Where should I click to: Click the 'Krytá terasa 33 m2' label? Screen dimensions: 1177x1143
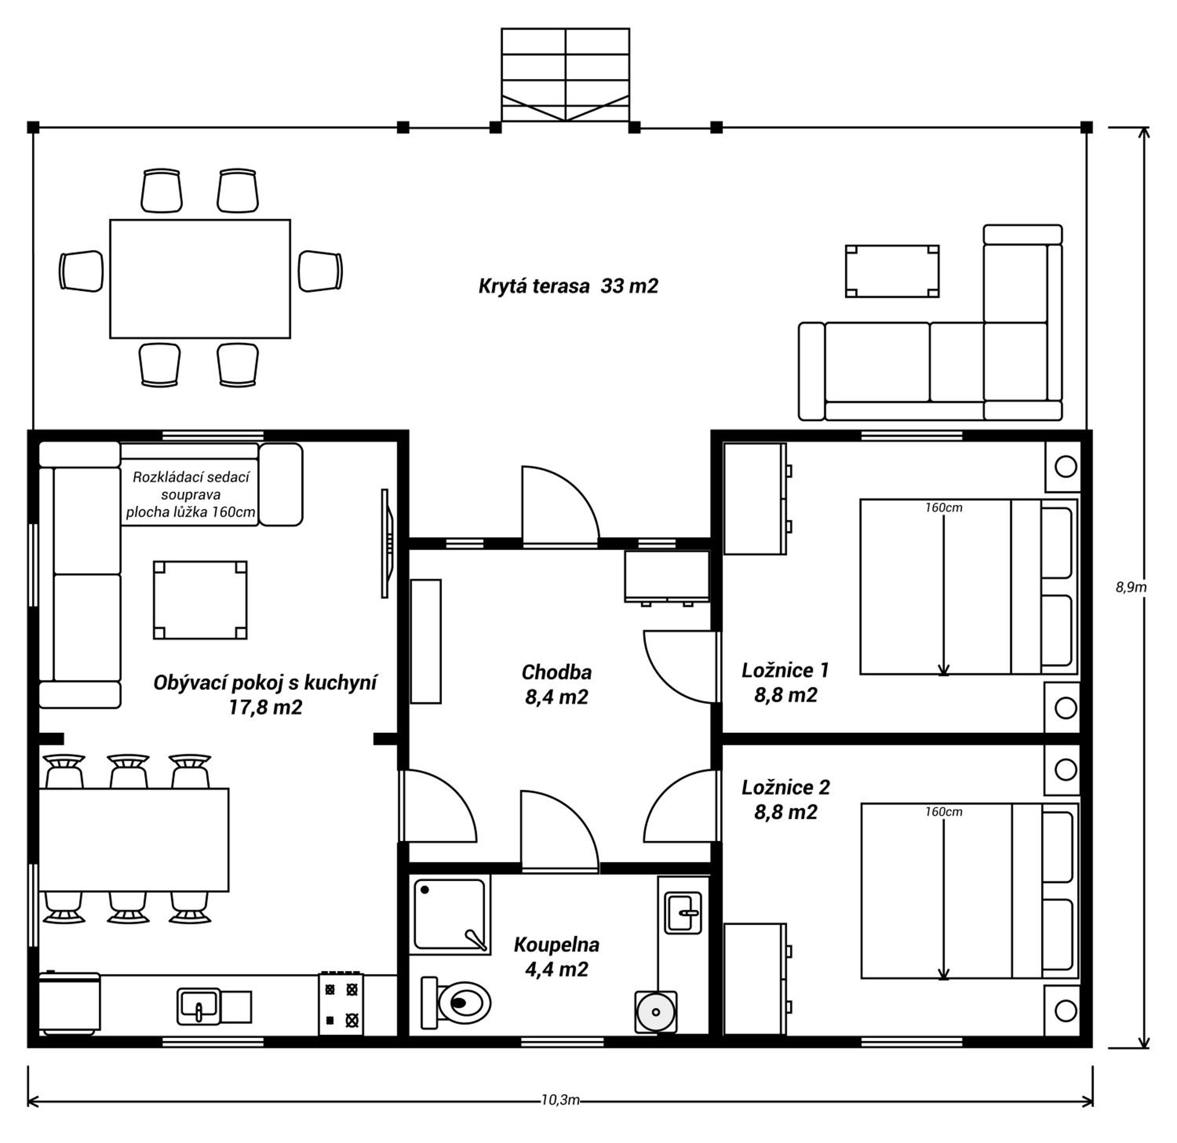coord(568,286)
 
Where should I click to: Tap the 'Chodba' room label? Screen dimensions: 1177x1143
coord(557,672)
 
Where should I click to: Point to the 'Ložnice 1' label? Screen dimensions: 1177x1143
coord(785,670)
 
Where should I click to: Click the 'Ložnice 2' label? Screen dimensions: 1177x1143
coord(785,787)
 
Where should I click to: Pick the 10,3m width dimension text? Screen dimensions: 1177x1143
coord(560,1100)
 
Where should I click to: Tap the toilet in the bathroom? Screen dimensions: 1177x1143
coord(456,1003)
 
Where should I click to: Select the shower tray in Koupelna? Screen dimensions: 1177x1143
coord(450,914)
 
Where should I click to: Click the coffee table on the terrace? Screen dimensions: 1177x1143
coord(892,271)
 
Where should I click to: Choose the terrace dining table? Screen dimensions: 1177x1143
coord(200,278)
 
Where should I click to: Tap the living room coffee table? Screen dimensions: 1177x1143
coord(200,600)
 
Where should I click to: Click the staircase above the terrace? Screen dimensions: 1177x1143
coord(566,75)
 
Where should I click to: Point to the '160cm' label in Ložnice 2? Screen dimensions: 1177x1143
coord(944,812)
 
